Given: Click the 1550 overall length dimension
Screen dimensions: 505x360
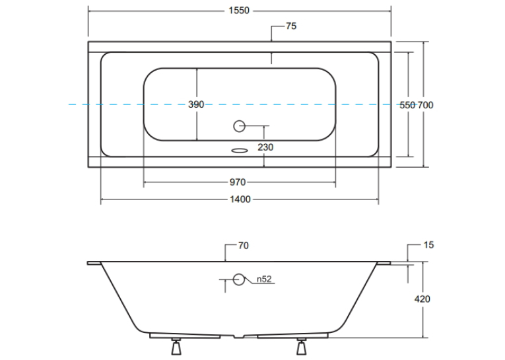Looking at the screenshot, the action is (x=239, y=11).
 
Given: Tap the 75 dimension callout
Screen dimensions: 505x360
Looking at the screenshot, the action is (x=291, y=26).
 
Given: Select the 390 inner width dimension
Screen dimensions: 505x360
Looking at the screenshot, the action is (x=196, y=104).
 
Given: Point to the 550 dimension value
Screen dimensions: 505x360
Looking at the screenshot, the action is (x=407, y=105).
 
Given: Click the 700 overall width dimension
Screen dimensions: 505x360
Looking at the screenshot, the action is (x=425, y=105).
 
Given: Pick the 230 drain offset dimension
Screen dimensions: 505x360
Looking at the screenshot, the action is (x=265, y=147).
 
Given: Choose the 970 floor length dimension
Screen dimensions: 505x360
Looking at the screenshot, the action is (x=238, y=182).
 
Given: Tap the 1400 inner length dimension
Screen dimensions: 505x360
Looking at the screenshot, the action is (x=240, y=199).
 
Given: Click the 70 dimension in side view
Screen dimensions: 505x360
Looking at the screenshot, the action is (x=244, y=246).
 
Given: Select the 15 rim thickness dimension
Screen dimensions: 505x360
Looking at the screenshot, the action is (x=428, y=245).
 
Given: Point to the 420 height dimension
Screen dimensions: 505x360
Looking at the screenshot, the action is (x=422, y=299).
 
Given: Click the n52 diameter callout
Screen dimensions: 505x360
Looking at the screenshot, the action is (x=265, y=279).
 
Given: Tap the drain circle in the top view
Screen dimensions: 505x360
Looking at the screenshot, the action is (x=239, y=126).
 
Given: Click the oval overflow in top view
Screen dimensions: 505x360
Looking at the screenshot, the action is (x=239, y=150).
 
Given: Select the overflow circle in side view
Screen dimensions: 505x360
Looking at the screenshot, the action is (x=239, y=279).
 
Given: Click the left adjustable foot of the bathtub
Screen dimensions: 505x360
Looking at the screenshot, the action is (x=176, y=347).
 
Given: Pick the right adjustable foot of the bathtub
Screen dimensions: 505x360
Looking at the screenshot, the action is (x=302, y=347).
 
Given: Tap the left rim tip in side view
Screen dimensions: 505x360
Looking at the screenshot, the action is (x=88, y=264).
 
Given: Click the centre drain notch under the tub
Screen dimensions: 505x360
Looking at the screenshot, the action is (x=239, y=336).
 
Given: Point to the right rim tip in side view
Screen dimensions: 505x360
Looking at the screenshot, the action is (x=390, y=264).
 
